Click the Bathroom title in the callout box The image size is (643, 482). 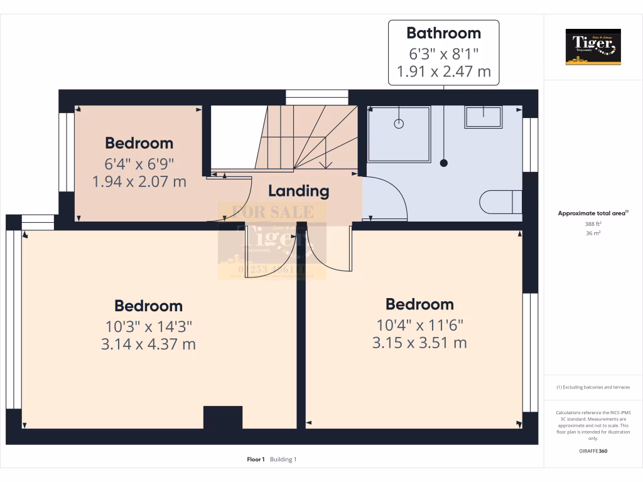pyautogui.click(x=443, y=33)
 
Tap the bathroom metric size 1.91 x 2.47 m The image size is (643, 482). pyautogui.click(x=443, y=72)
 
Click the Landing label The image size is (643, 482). pyautogui.click(x=298, y=191)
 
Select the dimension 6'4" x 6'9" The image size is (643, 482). pyautogui.click(x=139, y=164)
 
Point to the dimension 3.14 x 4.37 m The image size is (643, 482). pyautogui.click(x=148, y=344)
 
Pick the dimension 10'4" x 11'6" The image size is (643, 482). pyautogui.click(x=419, y=325)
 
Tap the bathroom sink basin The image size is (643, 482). pyautogui.click(x=483, y=116)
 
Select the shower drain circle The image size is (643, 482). pyautogui.click(x=399, y=124)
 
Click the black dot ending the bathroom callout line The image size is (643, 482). pyautogui.click(x=445, y=163)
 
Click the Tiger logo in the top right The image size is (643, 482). pyautogui.click(x=593, y=46)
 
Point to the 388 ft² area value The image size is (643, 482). pyautogui.click(x=593, y=223)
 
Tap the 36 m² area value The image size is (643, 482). pyautogui.click(x=593, y=233)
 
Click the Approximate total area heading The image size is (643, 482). pyautogui.click(x=593, y=213)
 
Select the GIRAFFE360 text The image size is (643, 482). pyautogui.click(x=593, y=451)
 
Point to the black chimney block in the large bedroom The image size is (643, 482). pyautogui.click(x=222, y=417)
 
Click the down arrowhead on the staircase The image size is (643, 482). pyautogui.click(x=325, y=165)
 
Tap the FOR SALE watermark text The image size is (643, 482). pyautogui.click(x=273, y=212)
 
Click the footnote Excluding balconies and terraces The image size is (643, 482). pyautogui.click(x=593, y=387)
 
